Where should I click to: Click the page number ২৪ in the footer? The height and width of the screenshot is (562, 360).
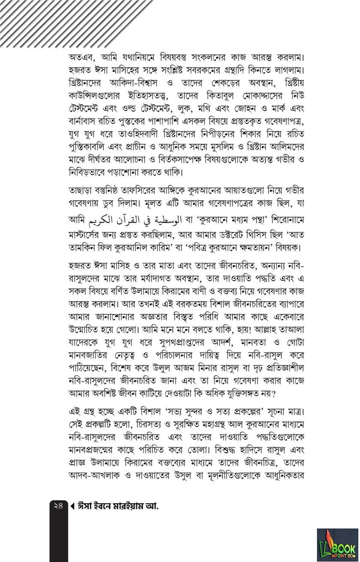[x=58, y=506]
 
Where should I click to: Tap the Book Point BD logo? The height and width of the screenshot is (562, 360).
[x=337, y=544]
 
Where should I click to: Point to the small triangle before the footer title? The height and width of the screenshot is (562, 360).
[x=73, y=506]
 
